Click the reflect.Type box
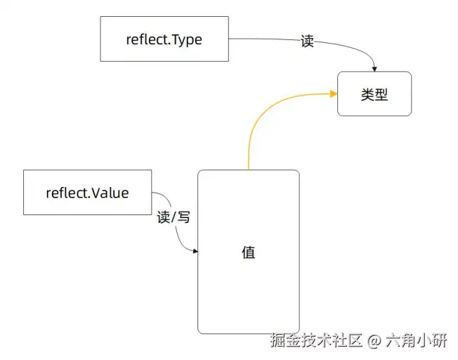coord(164,39)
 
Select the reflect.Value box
coord(87,192)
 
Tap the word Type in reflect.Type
coord(185,39)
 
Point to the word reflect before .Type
coord(146,39)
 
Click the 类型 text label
coord(374,94)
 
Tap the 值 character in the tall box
coord(248,252)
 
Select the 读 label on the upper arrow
coord(307,41)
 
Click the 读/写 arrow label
coord(174,217)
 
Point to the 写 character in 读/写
coord(183,217)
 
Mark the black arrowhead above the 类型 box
coord(374,68)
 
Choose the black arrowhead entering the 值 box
coord(195,251)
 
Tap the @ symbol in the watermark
coord(374,342)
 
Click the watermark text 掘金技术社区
coord(316,342)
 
